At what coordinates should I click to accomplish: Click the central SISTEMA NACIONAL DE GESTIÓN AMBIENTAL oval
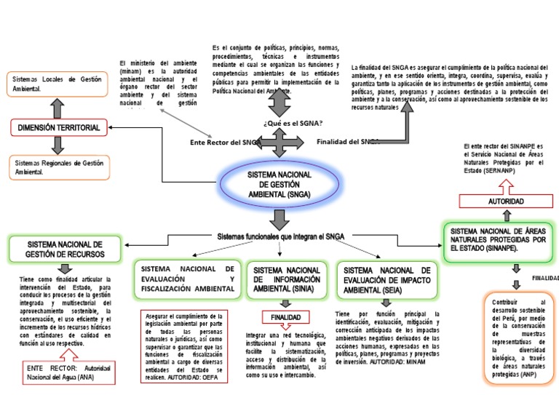tap(279, 186)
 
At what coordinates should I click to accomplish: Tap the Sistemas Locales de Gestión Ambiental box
tap(58, 84)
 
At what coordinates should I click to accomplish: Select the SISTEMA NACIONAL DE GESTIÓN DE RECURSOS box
tap(66, 250)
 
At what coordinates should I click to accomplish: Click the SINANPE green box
tap(499, 239)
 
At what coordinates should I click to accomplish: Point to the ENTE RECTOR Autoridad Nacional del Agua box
tap(66, 374)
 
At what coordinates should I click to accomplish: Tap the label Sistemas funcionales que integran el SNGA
tap(281, 236)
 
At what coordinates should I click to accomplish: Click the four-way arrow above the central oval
tap(279, 142)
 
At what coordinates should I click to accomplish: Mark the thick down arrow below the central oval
tap(279, 218)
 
